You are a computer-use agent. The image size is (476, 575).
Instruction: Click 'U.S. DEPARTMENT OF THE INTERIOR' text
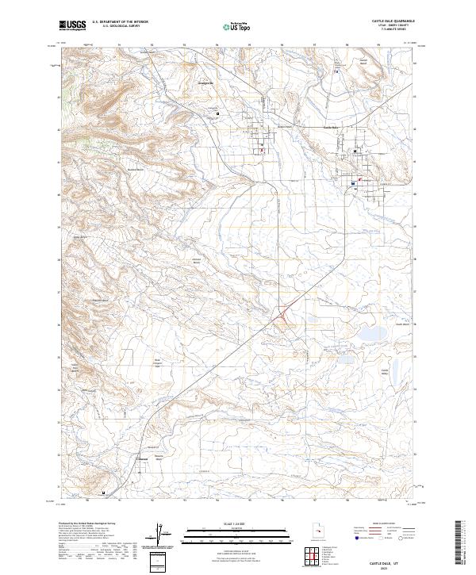[x=119, y=22]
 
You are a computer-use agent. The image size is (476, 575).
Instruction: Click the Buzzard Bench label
[x=136, y=170]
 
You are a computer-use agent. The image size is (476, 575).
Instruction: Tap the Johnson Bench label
[x=198, y=260]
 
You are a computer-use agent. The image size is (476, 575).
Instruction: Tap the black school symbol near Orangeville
[x=218, y=114]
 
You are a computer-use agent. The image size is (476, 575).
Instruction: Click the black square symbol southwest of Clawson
[x=103, y=492]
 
